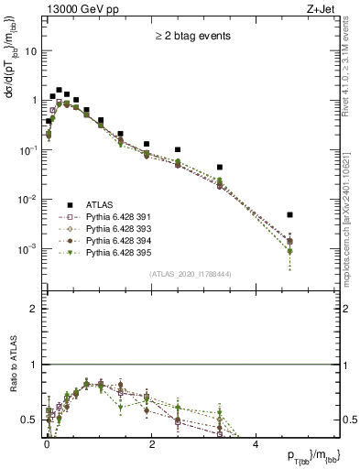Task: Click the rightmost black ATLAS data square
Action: coord(289,214)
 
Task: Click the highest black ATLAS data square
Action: coord(59,91)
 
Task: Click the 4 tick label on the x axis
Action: coord(256,443)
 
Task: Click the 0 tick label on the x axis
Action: coord(47,443)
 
